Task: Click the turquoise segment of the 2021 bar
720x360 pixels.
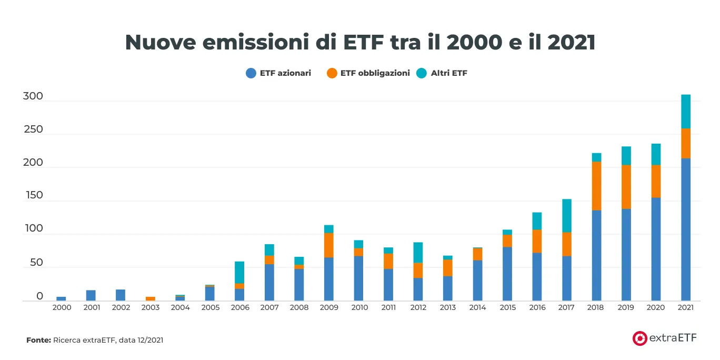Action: pos(685,112)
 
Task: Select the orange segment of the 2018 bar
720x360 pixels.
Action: pos(596,186)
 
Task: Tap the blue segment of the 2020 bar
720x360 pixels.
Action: pos(656,249)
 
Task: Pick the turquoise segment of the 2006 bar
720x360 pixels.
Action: pos(239,272)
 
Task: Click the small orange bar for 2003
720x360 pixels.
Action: pos(151,298)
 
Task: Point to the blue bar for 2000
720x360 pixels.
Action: pos(62,298)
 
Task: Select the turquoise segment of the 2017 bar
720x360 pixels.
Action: pos(567,216)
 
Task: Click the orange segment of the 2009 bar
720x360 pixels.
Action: pos(329,245)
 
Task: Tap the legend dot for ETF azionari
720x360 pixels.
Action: pos(251,73)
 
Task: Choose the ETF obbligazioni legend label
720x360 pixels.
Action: pos(375,73)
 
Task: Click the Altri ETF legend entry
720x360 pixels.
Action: pos(448,73)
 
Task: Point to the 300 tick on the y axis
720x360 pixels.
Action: pos(33,97)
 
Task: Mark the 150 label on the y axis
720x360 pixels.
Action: pos(33,196)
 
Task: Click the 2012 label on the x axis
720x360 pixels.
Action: pos(418,307)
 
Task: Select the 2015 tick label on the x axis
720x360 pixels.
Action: pos(507,307)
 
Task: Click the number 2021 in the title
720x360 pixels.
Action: pos(571,43)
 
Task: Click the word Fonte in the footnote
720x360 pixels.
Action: pos(38,341)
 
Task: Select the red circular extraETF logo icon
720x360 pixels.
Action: pos(639,338)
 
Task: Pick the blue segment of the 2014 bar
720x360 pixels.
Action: pos(477,281)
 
